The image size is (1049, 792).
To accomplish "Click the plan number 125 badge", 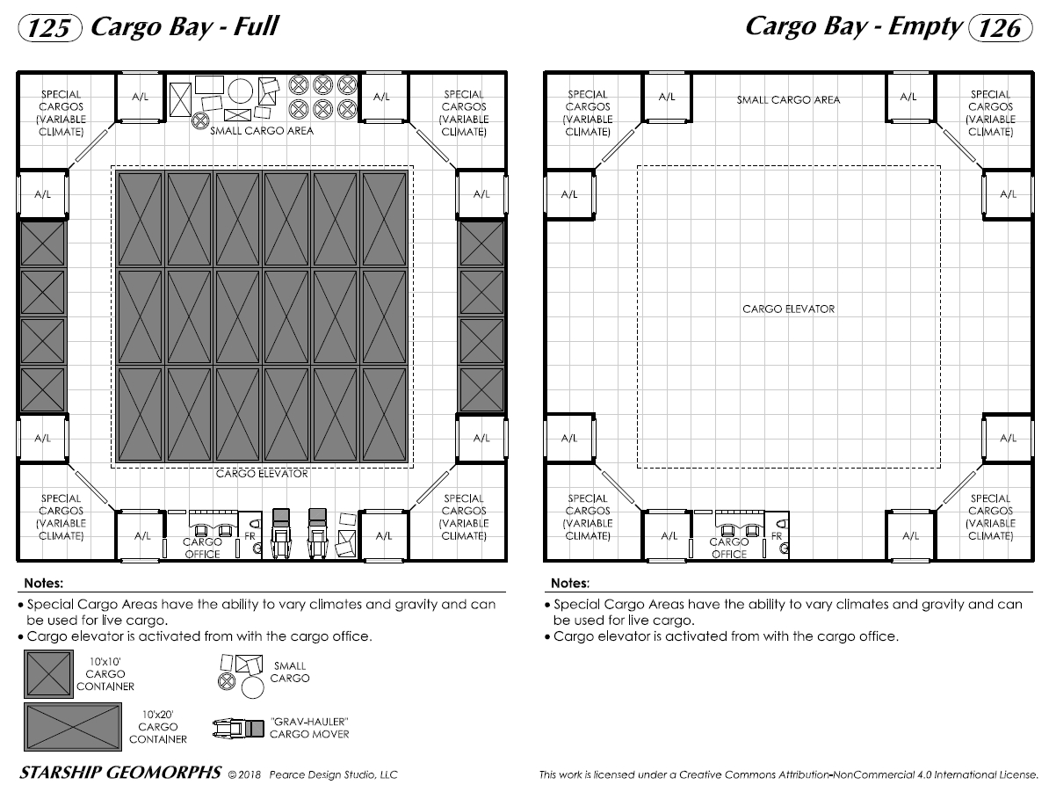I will coord(50,28).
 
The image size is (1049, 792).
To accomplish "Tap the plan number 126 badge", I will coord(998,28).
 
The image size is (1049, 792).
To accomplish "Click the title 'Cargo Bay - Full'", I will coord(184,26).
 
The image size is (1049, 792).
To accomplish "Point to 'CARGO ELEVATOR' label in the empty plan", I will coord(788,309).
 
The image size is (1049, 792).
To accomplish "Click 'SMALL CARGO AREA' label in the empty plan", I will coord(788,100).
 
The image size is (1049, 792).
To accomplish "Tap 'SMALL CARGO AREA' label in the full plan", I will coord(261,131).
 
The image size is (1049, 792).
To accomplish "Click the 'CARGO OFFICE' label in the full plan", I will coord(202,549).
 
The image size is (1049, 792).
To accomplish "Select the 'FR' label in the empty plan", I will coord(776,536).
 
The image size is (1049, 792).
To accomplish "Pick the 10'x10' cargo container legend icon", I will coord(48,673).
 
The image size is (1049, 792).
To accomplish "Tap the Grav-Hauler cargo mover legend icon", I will coord(238,728).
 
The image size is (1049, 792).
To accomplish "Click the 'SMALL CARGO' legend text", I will coord(289,672).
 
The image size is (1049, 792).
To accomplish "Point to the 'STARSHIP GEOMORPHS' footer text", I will coord(119,774).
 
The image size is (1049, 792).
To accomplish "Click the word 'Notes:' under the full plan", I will coord(43,583).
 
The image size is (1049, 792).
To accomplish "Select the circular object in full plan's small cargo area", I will coord(240,90).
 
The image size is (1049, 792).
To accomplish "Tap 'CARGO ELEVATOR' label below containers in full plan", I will coord(262,474).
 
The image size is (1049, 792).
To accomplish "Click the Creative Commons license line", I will coord(788,774).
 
